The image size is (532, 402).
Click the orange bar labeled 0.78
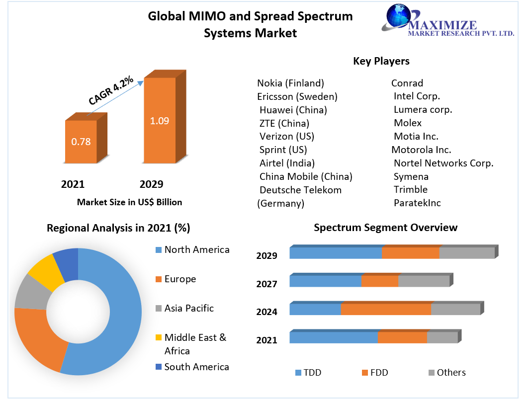click(81, 142)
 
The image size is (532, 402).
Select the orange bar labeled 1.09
click(160, 120)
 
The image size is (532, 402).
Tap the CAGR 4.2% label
click(111, 90)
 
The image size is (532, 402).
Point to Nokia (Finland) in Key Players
click(290, 83)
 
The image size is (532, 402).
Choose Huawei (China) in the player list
click(293, 110)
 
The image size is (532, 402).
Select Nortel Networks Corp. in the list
click(443, 163)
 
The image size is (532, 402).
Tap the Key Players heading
click(381, 61)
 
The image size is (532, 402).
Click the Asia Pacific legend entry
click(188, 308)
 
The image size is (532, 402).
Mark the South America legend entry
click(196, 367)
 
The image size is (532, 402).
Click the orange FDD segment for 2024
click(386, 309)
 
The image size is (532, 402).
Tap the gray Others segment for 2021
click(442, 337)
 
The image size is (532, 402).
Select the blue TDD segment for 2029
click(336, 253)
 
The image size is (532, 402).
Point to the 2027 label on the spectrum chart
click(266, 284)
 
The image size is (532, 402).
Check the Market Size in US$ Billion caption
click(129, 202)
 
